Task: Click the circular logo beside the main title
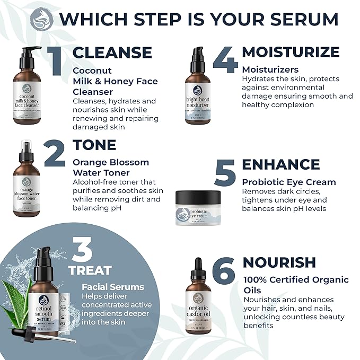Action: (x=42, y=20)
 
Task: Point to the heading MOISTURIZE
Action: (x=291, y=52)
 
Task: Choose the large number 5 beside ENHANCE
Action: (x=225, y=171)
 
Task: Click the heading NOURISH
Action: (x=279, y=262)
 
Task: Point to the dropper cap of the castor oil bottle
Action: (x=198, y=268)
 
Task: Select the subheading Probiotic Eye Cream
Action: (x=289, y=182)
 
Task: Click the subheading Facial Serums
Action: (x=113, y=287)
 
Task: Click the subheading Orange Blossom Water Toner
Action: (x=111, y=167)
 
